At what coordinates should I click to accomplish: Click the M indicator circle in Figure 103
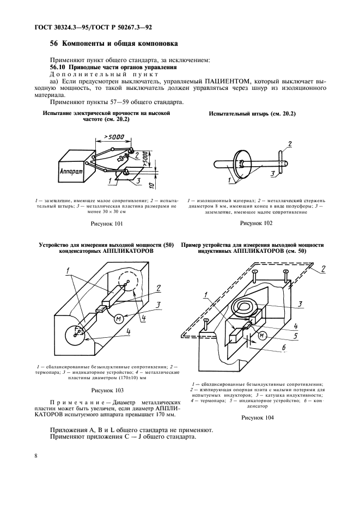pos(118,320)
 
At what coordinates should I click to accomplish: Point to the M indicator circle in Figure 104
pos(262,335)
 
